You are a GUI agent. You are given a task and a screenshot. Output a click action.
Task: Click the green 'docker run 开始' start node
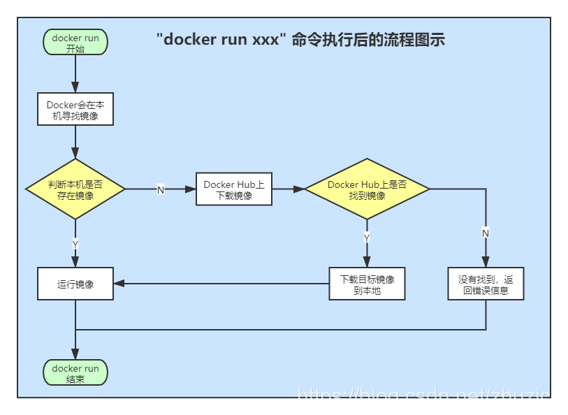point(75,43)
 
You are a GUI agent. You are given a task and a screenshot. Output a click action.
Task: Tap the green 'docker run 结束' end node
point(75,373)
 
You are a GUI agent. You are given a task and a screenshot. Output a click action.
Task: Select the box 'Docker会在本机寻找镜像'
point(75,110)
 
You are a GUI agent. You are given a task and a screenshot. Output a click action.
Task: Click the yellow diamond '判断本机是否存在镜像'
point(75,189)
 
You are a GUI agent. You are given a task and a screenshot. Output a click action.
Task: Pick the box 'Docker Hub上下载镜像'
point(234,189)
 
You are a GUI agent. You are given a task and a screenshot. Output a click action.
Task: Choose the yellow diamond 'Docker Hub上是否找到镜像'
point(367,189)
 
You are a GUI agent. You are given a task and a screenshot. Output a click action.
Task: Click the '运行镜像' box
point(75,284)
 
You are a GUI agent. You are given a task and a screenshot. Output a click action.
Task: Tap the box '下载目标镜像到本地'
point(367,284)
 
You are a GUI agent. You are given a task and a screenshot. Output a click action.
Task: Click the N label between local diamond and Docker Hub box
point(160,189)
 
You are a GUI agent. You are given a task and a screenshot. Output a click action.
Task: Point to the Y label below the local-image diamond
point(75,243)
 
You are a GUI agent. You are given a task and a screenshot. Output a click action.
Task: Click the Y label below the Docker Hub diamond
point(367,238)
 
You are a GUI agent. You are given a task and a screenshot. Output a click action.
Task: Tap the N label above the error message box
point(486,232)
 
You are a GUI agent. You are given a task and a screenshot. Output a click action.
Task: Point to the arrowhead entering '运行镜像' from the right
point(119,284)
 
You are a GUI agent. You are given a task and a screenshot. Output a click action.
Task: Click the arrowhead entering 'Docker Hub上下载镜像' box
point(191,189)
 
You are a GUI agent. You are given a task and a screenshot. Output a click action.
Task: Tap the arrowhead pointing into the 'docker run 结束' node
point(75,356)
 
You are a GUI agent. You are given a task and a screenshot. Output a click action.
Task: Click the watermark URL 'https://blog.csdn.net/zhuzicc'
point(428,397)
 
